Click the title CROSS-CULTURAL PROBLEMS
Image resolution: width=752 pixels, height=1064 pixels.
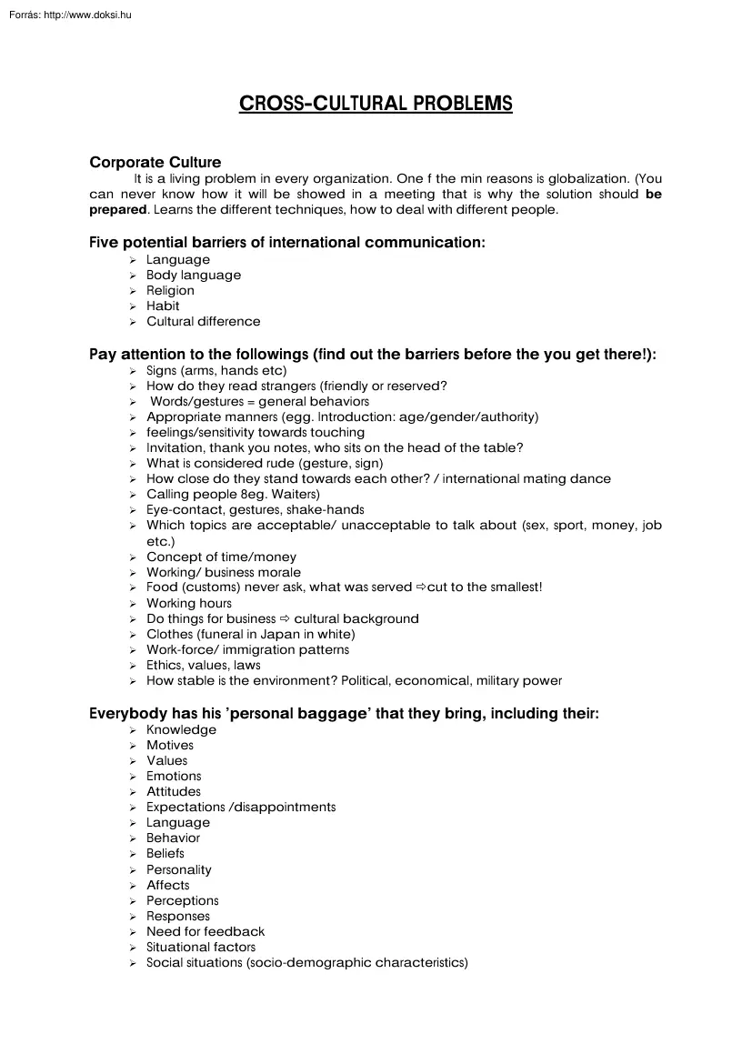pyautogui.click(x=376, y=104)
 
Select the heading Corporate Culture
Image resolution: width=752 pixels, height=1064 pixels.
pyautogui.click(x=155, y=163)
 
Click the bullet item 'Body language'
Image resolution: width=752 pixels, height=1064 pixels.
pyautogui.click(x=194, y=275)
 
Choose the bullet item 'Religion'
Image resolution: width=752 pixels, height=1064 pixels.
pyautogui.click(x=170, y=290)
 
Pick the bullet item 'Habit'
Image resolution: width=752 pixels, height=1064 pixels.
pyautogui.click(x=163, y=306)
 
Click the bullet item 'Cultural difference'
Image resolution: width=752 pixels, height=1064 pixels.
pyautogui.click(x=203, y=321)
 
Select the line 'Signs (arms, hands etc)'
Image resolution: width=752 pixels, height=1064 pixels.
pyautogui.click(x=216, y=370)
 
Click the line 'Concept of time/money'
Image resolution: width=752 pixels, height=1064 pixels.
pyautogui.click(x=221, y=557)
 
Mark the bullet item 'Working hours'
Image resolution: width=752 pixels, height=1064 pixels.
pyautogui.click(x=189, y=603)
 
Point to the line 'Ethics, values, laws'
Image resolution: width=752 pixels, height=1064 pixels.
pyautogui.click(x=203, y=665)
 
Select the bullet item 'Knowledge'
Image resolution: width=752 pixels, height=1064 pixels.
pyautogui.click(x=181, y=729)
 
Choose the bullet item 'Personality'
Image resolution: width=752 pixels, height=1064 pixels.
pyautogui.click(x=179, y=869)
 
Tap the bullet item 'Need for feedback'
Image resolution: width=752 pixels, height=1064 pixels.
pyautogui.click(x=206, y=931)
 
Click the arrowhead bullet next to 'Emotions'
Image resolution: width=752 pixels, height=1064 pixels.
pyautogui.click(x=133, y=777)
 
